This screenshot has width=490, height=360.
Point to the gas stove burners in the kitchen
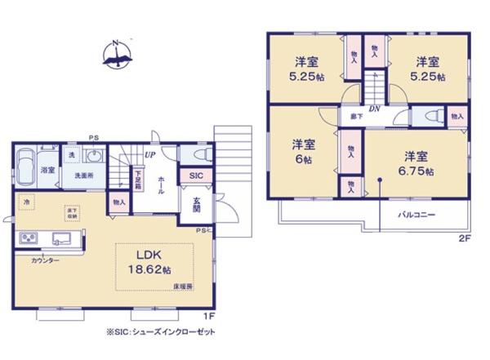point(29,238)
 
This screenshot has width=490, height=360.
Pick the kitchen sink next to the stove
point(61,238)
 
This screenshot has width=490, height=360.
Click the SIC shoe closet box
point(196,176)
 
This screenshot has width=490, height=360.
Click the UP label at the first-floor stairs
point(150,154)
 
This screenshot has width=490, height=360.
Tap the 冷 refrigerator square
point(27,202)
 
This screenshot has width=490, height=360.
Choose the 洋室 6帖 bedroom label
point(304,151)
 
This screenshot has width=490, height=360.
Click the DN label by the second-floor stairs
point(372,109)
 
